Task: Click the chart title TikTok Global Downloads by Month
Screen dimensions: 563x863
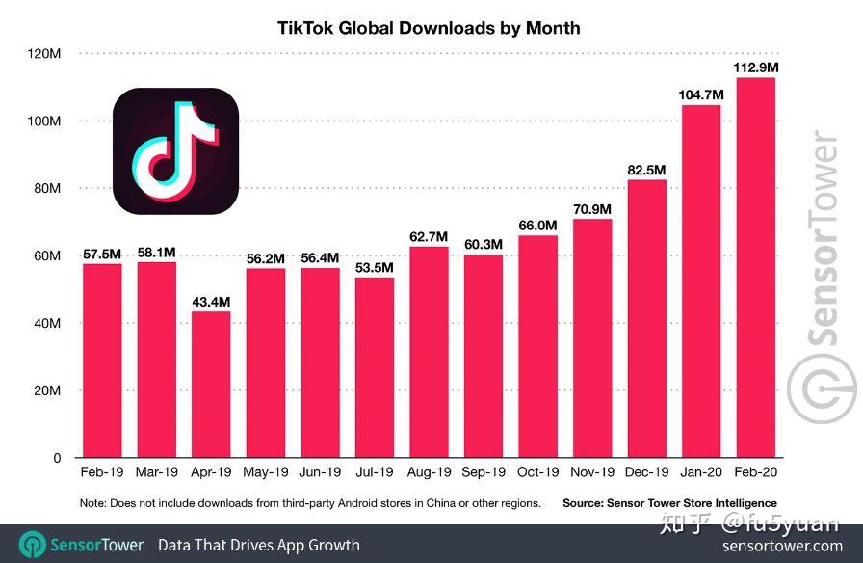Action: (x=429, y=27)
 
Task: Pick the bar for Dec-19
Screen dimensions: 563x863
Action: (x=646, y=318)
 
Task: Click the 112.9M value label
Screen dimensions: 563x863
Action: (x=756, y=67)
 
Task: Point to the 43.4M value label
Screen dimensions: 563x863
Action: (x=211, y=302)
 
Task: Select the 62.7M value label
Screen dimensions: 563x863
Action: (x=429, y=237)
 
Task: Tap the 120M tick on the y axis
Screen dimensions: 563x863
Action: (x=43, y=53)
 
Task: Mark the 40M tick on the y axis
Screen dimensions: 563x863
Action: (x=46, y=323)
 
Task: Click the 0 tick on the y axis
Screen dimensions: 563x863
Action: (x=57, y=458)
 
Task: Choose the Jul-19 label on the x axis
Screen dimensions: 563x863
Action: (x=374, y=473)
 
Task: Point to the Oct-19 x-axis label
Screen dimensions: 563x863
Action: (x=537, y=473)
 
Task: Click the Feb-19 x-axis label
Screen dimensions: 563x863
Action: (x=102, y=473)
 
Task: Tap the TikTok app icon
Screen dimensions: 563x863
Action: (x=175, y=150)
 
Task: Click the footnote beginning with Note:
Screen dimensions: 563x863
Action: (x=310, y=503)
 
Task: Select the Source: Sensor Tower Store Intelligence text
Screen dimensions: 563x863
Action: (x=669, y=503)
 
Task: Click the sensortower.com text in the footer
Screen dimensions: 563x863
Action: (x=782, y=546)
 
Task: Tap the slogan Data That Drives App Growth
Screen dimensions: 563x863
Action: (x=258, y=545)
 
